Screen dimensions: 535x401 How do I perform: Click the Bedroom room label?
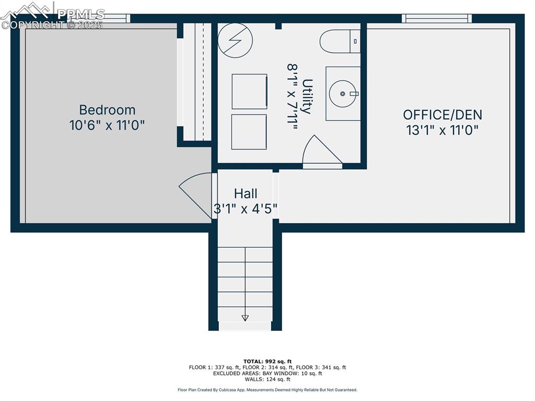point(107,110)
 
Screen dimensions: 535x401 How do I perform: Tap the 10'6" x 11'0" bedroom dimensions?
point(107,125)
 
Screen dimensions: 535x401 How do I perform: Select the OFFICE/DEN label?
point(443,115)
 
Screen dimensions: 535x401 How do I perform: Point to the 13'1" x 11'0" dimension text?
point(443,130)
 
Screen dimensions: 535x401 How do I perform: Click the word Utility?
point(307,96)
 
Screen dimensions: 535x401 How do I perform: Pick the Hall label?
point(246,193)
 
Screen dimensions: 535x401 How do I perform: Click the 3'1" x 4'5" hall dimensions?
point(246,209)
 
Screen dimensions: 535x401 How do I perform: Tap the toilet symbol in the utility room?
point(340,41)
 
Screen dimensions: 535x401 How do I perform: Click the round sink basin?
point(342,94)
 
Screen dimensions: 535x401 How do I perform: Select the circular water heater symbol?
point(235,40)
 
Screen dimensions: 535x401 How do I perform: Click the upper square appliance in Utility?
point(249,91)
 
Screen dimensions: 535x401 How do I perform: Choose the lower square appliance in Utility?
point(249,132)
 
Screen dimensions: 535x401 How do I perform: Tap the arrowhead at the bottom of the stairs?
point(245,318)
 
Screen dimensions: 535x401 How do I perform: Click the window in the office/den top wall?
point(437,18)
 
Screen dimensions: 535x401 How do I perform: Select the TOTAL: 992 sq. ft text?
point(267,361)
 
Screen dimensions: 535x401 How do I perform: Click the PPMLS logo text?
point(81,14)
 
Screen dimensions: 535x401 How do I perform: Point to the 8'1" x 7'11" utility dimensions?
point(293,96)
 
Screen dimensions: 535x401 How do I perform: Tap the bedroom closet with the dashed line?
point(197,82)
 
